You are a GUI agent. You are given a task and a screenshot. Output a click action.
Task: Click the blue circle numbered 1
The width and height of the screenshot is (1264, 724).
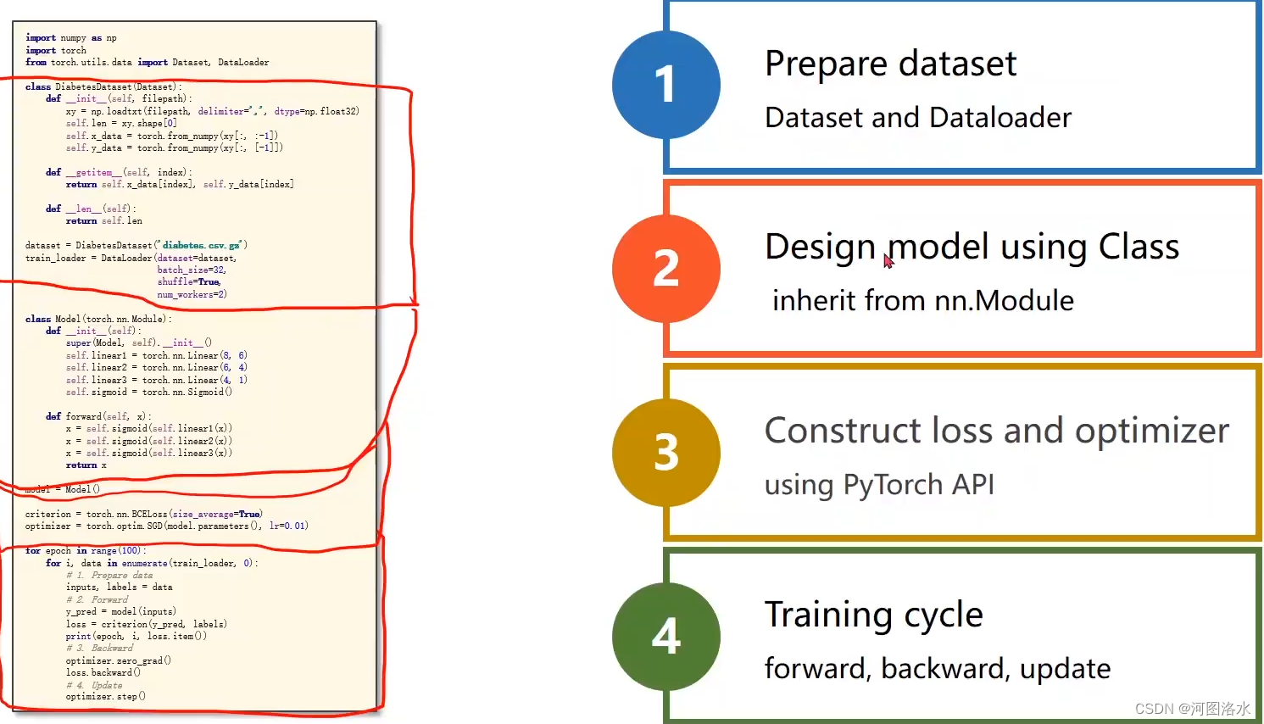[666, 85]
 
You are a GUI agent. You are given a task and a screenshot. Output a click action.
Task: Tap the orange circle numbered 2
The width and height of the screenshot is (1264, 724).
[666, 269]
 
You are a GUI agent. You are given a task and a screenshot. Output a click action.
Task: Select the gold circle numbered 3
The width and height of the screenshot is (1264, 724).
[666, 453]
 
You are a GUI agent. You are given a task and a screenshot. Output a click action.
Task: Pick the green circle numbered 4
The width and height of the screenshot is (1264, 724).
[666, 637]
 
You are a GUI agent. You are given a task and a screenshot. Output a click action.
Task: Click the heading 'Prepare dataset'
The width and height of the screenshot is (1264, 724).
[890, 64]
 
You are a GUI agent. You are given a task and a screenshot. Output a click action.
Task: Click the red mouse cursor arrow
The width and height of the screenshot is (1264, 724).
[888, 261]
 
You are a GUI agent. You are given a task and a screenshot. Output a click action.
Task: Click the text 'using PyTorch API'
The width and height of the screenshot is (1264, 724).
[879, 485]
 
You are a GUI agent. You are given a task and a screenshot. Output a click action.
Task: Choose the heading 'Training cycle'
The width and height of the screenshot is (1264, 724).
[873, 615]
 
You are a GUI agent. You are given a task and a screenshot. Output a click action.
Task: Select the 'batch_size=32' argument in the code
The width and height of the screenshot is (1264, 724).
[191, 270]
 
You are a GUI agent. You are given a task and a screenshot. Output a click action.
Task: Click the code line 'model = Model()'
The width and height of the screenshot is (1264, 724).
[63, 489]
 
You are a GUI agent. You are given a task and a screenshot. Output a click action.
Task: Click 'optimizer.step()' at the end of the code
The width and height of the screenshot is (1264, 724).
[106, 697]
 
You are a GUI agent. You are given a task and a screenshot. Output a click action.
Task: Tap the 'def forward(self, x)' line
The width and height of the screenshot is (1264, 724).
[98, 416]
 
